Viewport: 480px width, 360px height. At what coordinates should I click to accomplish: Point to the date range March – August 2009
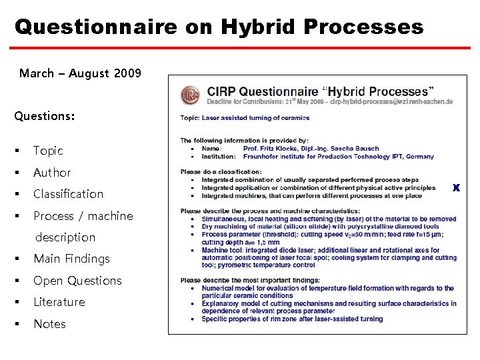(80, 73)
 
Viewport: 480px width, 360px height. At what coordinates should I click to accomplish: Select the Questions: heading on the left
(45, 116)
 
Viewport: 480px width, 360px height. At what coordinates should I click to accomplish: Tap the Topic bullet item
(48, 151)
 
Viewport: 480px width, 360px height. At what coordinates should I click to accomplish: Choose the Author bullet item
(52, 173)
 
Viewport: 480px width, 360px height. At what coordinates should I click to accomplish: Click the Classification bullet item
(68, 194)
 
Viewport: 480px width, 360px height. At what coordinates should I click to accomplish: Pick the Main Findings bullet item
(71, 259)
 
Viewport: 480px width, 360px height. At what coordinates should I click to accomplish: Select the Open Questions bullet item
(77, 281)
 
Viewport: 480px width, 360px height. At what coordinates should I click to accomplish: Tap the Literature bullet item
(59, 302)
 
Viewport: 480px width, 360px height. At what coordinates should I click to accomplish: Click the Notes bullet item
(50, 324)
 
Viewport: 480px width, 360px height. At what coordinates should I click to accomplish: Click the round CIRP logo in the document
(191, 95)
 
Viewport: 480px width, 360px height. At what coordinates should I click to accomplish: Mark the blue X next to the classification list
(456, 188)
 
